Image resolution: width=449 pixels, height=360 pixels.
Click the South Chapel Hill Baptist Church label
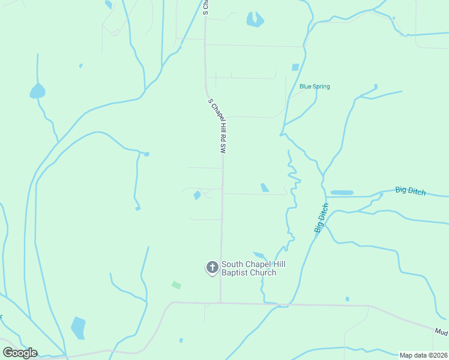point(249,268)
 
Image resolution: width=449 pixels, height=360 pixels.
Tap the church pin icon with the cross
point(212,268)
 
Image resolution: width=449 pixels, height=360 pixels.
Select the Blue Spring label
point(315,86)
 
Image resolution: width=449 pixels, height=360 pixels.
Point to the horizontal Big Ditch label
point(411,191)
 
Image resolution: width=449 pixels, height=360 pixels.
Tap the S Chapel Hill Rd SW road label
point(217,127)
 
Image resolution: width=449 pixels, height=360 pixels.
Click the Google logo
point(20,353)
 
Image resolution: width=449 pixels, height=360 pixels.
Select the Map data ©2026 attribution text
point(423,355)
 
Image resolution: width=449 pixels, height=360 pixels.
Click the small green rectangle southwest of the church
point(176,285)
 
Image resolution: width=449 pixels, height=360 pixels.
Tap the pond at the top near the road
point(255,20)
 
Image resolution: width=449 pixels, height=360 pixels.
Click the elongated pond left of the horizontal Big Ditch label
point(342,193)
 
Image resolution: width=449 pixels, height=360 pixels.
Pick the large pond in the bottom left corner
point(78,328)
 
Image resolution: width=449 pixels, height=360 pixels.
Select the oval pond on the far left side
point(37,91)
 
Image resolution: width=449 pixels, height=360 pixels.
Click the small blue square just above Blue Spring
point(295,67)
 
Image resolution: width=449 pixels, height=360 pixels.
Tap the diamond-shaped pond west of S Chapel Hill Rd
point(197,195)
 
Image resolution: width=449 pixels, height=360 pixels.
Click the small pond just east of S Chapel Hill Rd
point(265,188)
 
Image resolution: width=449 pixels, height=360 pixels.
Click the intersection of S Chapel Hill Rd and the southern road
point(220,302)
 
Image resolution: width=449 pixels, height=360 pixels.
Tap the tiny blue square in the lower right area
point(348,299)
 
